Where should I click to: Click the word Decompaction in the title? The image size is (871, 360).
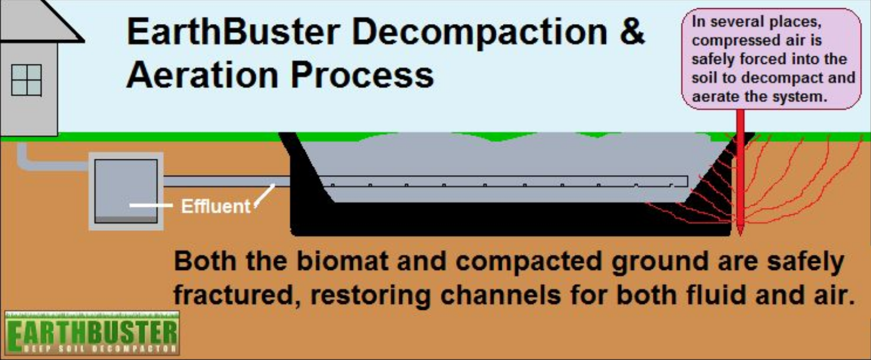click(479, 32)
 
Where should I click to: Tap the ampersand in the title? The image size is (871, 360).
click(632, 31)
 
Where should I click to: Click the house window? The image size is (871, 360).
click(26, 80)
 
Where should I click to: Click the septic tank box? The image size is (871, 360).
click(126, 191)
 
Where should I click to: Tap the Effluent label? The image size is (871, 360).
click(215, 206)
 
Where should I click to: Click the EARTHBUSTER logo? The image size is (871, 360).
click(92, 333)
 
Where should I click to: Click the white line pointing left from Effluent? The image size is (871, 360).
click(150, 206)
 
